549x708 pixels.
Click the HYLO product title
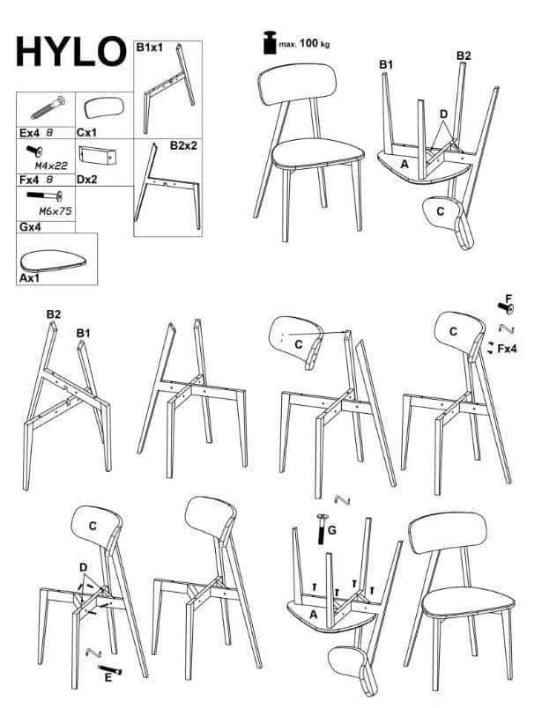[71, 51]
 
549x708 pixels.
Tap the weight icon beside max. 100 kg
[270, 43]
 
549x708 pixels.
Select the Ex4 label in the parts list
[30, 133]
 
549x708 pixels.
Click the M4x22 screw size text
[51, 166]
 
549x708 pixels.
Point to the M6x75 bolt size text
[56, 210]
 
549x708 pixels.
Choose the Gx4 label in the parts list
[30, 226]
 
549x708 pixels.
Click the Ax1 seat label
[29, 278]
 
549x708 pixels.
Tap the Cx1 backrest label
[86, 133]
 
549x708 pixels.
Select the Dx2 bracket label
[86, 180]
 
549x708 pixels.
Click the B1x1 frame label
[150, 48]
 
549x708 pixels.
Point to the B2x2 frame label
[183, 145]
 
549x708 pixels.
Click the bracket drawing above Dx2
[97, 155]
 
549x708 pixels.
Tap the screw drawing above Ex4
[48, 107]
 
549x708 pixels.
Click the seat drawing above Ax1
[53, 261]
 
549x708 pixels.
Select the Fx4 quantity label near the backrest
[507, 349]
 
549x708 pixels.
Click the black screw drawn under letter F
[506, 308]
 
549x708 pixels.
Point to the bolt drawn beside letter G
[323, 529]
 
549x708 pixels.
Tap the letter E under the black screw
[108, 677]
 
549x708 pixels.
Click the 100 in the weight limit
[308, 43]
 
